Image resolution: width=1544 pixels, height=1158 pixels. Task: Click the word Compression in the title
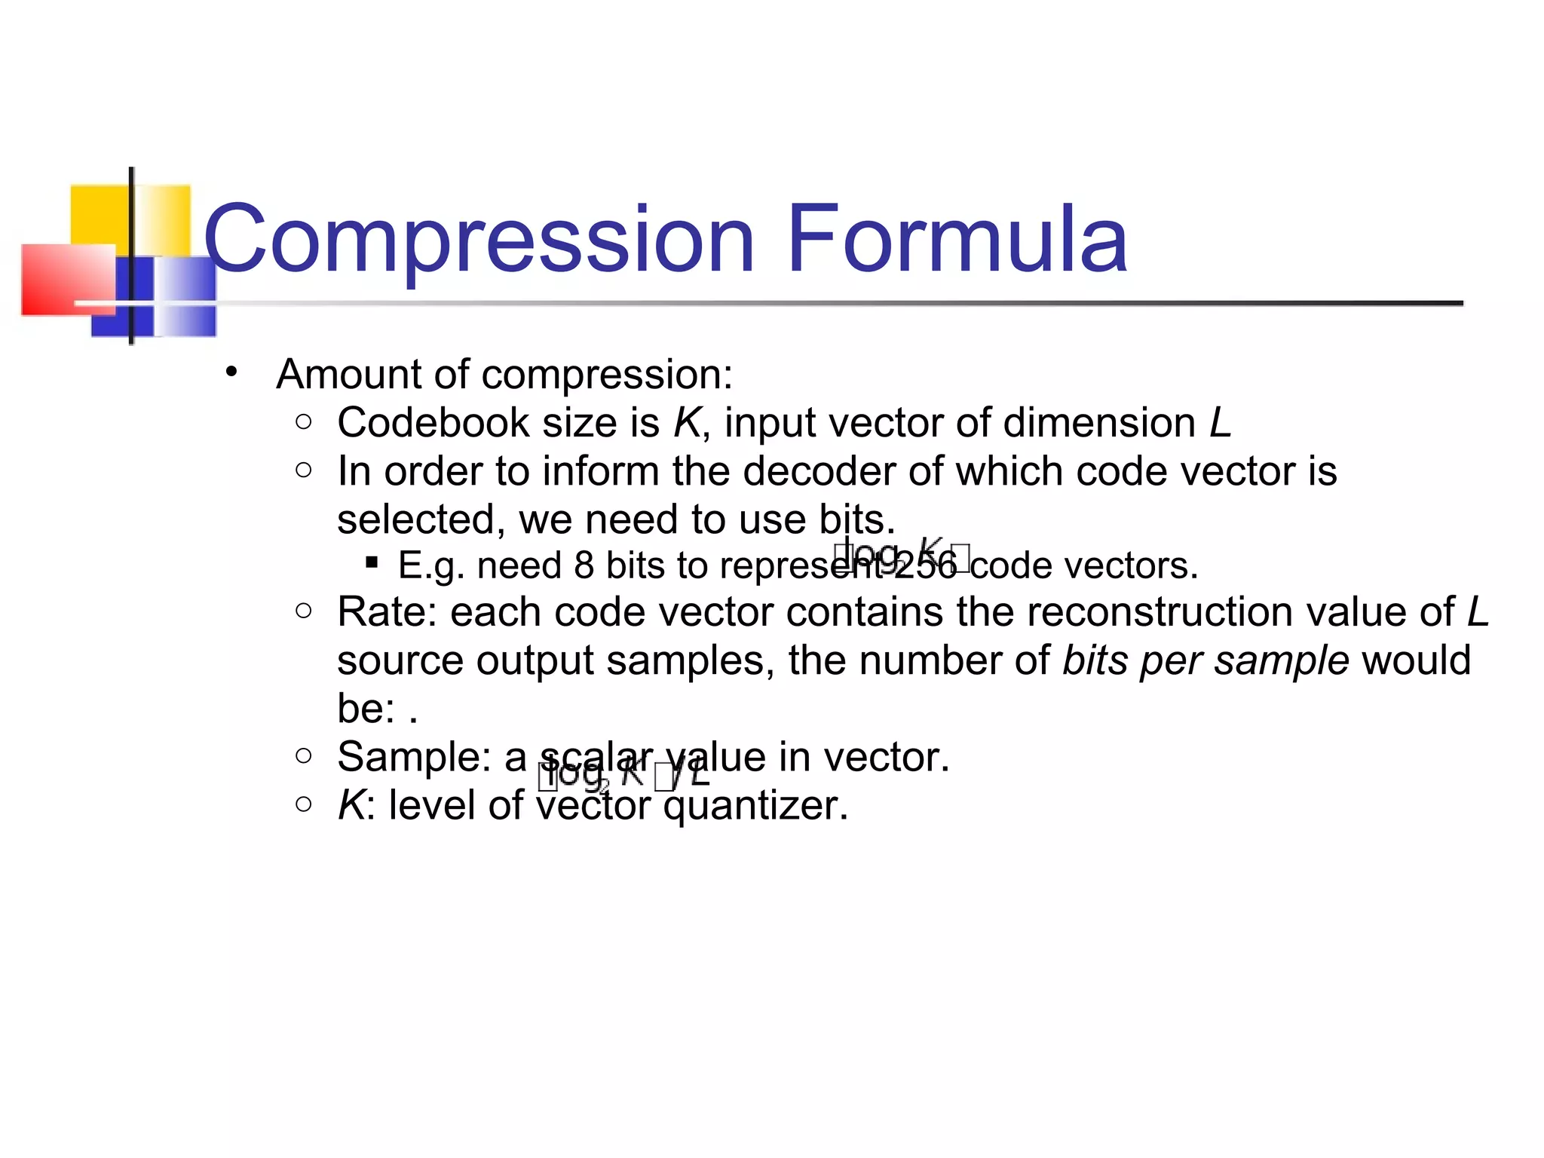click(x=479, y=240)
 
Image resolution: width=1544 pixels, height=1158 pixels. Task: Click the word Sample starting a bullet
click(x=414, y=757)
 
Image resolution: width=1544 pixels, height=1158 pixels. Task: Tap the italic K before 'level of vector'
click(x=351, y=805)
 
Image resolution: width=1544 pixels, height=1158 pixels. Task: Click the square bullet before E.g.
click(x=371, y=562)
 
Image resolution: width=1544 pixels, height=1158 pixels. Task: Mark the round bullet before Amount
click(x=231, y=372)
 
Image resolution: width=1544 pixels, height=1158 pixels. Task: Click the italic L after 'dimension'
click(x=1220, y=422)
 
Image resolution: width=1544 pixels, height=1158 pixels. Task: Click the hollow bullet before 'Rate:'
click(x=304, y=610)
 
